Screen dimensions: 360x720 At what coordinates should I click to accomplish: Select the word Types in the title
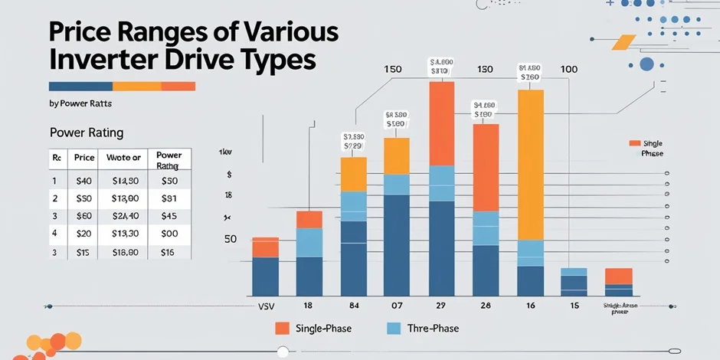[x=270, y=60]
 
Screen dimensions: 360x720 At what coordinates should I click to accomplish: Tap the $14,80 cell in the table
[x=125, y=182]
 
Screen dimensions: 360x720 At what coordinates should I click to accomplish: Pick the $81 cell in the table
[x=169, y=198]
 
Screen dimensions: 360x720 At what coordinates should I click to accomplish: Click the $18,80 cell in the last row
[x=125, y=251]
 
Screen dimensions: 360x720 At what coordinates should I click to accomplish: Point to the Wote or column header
[x=125, y=158]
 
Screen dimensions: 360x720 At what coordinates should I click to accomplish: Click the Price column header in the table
[x=84, y=158]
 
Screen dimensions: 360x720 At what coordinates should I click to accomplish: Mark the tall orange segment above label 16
[x=530, y=165]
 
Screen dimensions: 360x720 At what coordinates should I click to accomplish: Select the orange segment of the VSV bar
[x=265, y=247]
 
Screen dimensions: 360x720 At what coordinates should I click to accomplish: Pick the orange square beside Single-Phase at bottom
[x=283, y=329]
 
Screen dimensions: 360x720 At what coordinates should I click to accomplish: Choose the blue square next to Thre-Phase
[x=394, y=329]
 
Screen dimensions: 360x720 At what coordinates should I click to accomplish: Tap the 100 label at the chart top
[x=569, y=70]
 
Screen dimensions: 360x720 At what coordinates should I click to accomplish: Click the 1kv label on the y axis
[x=225, y=152]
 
